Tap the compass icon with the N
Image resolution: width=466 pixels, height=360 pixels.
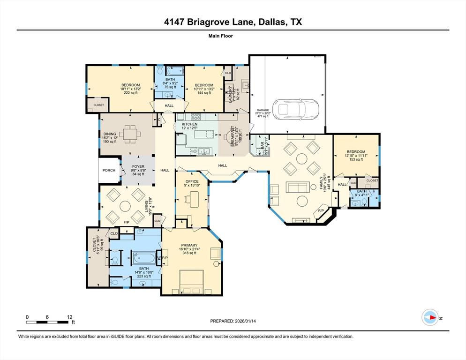[x=430, y=317]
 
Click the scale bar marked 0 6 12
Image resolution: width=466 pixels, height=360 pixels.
[x=49, y=322]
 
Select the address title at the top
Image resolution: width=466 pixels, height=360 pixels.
[x=233, y=22]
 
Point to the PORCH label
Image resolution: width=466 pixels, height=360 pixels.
[x=109, y=171]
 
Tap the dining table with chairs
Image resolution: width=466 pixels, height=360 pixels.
[x=129, y=135]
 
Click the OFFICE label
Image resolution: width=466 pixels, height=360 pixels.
[x=192, y=181]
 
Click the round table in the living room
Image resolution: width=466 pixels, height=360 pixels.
[x=125, y=206]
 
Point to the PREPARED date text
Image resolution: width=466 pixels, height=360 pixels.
[x=233, y=321]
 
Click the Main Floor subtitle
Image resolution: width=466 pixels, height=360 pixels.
[x=220, y=36]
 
